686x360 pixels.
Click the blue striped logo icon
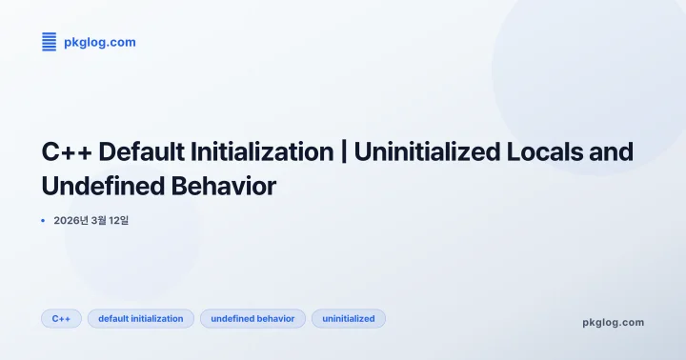point(50,42)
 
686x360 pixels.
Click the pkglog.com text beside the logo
point(99,42)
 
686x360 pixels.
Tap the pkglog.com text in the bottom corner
point(613,322)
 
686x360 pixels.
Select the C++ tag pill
point(61,318)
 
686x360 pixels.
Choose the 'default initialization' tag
point(141,318)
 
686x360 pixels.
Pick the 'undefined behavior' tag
point(252,318)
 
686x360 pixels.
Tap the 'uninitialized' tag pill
point(349,318)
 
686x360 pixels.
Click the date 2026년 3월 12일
point(91,220)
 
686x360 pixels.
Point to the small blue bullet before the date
point(43,220)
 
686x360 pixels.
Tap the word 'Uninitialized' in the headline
point(424,151)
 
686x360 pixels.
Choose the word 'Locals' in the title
point(546,151)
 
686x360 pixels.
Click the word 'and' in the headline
point(613,151)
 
